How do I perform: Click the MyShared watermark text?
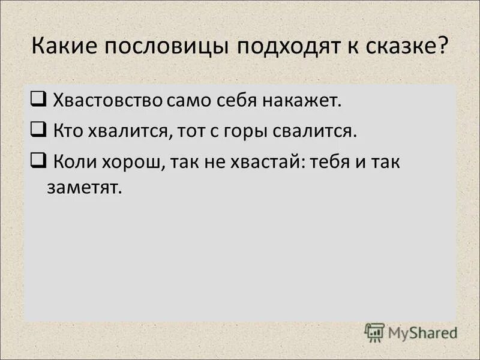click(x=422, y=332)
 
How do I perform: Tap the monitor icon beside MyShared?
click(x=374, y=331)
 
